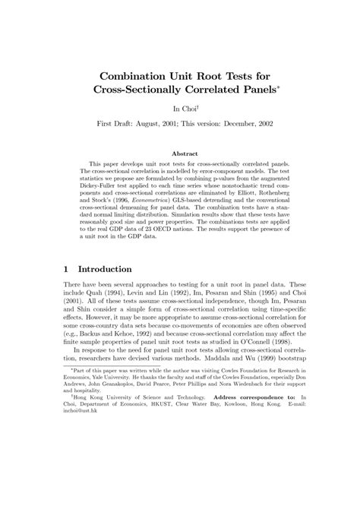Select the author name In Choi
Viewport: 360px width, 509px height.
[x=178, y=110]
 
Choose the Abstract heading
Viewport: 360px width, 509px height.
[x=180, y=153]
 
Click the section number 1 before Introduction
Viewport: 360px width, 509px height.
[x=67, y=269]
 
